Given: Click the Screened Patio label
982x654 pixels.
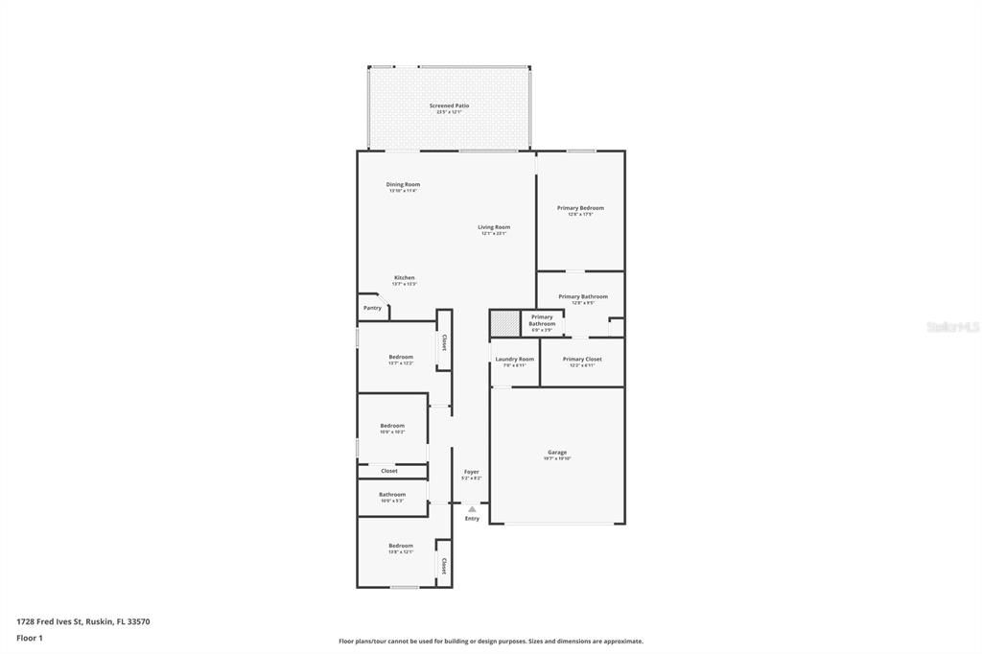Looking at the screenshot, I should pos(449,106).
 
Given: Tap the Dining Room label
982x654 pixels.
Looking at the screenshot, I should pos(403,185).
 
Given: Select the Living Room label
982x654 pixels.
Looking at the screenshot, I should pos(494,228).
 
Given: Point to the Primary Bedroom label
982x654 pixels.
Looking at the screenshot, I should pos(580,208).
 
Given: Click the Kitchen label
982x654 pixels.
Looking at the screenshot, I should pos(404,278).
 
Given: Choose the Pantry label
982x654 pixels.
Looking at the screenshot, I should pos(372,308).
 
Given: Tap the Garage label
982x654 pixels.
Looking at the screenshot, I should pos(557,453).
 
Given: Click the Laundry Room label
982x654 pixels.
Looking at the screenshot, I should pos(514,360).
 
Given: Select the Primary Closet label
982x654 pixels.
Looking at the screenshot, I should pos(582,360).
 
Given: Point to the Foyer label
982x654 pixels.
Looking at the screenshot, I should pos(471,472).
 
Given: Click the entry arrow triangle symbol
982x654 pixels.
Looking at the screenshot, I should pos(472,509).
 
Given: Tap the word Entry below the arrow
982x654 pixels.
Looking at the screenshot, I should pos(472,519).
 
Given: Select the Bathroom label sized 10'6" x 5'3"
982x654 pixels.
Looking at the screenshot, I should pos(391,495).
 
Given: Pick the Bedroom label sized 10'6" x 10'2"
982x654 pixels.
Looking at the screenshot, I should pos(391,426).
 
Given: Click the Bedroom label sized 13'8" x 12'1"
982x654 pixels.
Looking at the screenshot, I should pos(400,546).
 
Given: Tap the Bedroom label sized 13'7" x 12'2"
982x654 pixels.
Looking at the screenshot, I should pos(400,357).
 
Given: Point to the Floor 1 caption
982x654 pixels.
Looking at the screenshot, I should pos(30,638).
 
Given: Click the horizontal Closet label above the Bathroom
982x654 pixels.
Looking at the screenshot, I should pos(389,471).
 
